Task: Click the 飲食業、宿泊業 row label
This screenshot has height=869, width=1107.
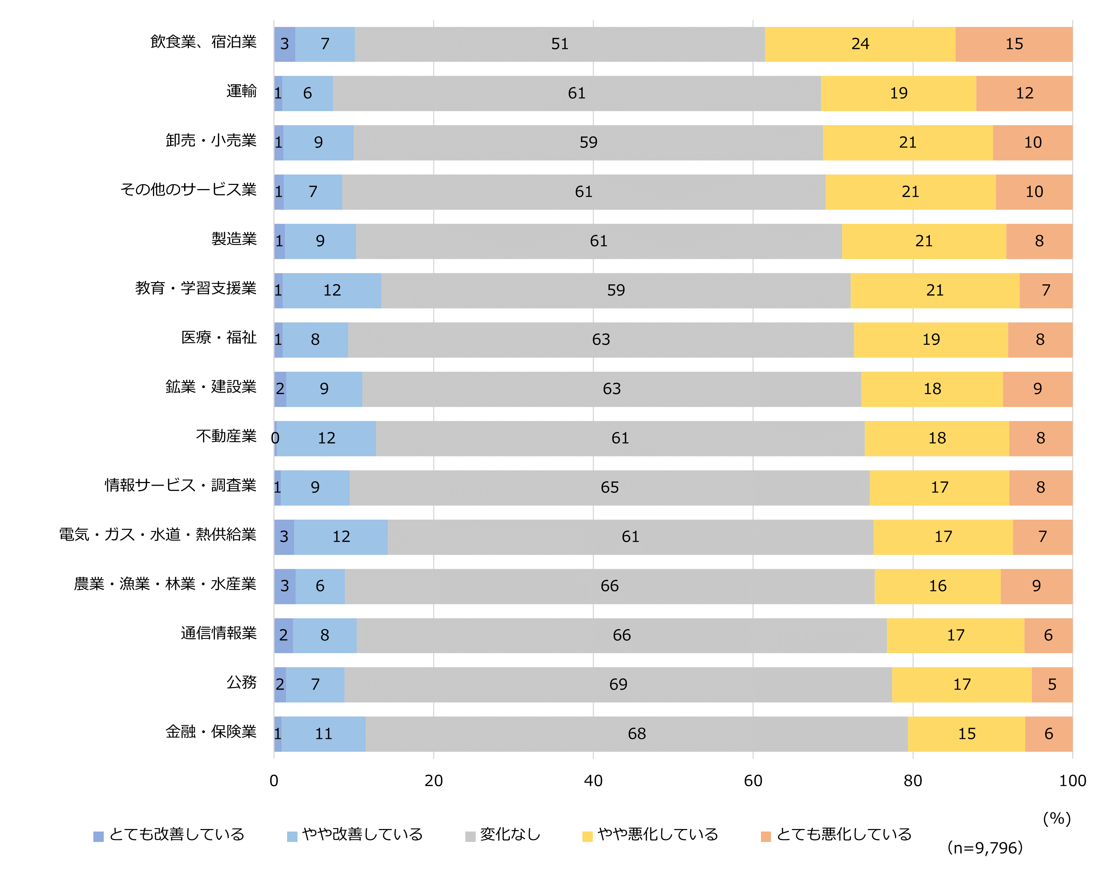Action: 203,42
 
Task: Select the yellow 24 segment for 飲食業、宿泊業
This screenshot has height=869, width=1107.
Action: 860,44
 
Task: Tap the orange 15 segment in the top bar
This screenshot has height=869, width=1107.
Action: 1013,44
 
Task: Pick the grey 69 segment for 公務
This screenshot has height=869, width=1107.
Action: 618,684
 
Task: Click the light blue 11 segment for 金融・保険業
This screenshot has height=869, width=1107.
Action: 323,734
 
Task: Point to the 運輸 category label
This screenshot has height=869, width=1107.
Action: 241,91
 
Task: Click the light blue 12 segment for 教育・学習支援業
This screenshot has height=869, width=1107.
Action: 332,291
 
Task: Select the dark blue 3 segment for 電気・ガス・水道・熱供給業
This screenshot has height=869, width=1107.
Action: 284,537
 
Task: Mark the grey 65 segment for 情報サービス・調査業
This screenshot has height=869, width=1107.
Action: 609,488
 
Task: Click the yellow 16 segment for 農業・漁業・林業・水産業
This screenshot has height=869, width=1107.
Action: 937,586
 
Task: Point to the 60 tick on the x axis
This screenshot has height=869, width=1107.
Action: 752,780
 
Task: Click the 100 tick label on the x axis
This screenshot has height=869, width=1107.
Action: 1072,780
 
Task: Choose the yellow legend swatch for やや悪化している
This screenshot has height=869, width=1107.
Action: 587,836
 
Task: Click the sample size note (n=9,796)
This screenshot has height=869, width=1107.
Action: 984,847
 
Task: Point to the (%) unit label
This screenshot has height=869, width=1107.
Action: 1057,818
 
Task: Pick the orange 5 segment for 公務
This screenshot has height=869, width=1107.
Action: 1051,684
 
